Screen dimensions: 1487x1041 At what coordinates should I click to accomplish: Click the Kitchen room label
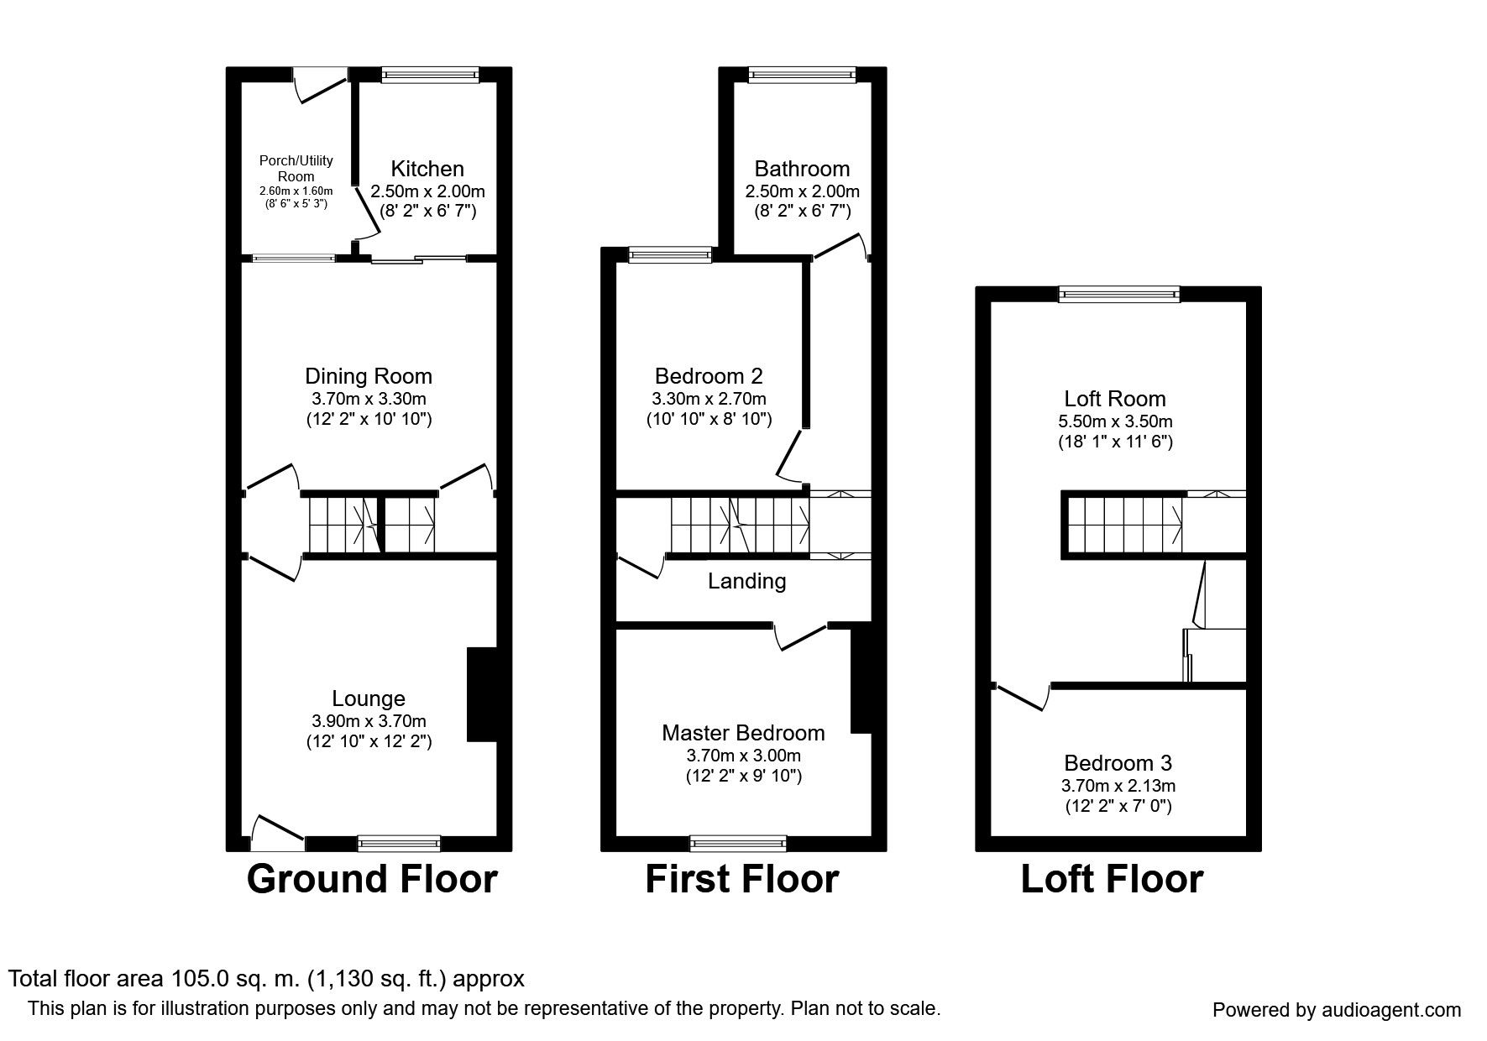(427, 169)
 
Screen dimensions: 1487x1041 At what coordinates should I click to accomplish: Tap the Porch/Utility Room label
(296, 168)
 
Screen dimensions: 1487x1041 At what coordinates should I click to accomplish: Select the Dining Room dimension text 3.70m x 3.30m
(369, 399)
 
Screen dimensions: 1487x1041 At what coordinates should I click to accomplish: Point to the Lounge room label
(369, 698)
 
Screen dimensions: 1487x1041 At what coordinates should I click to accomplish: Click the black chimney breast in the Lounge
(482, 694)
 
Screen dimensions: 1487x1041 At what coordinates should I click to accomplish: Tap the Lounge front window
(399, 842)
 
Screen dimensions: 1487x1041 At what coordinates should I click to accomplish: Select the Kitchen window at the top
(430, 74)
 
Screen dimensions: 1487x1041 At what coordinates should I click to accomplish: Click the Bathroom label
(802, 169)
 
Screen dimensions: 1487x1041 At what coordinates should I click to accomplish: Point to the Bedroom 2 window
(670, 254)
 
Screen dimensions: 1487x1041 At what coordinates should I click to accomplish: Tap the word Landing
(747, 581)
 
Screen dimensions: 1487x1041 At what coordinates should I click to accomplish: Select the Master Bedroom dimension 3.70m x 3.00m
(743, 755)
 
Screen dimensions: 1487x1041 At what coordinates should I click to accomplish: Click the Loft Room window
(1119, 293)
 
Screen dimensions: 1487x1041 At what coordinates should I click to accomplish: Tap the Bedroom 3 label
(1118, 763)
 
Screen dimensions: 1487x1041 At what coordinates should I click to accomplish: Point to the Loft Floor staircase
(1125, 525)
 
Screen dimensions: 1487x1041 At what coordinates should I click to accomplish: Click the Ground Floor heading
(372, 879)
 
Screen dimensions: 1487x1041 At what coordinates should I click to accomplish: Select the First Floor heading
(742, 879)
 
